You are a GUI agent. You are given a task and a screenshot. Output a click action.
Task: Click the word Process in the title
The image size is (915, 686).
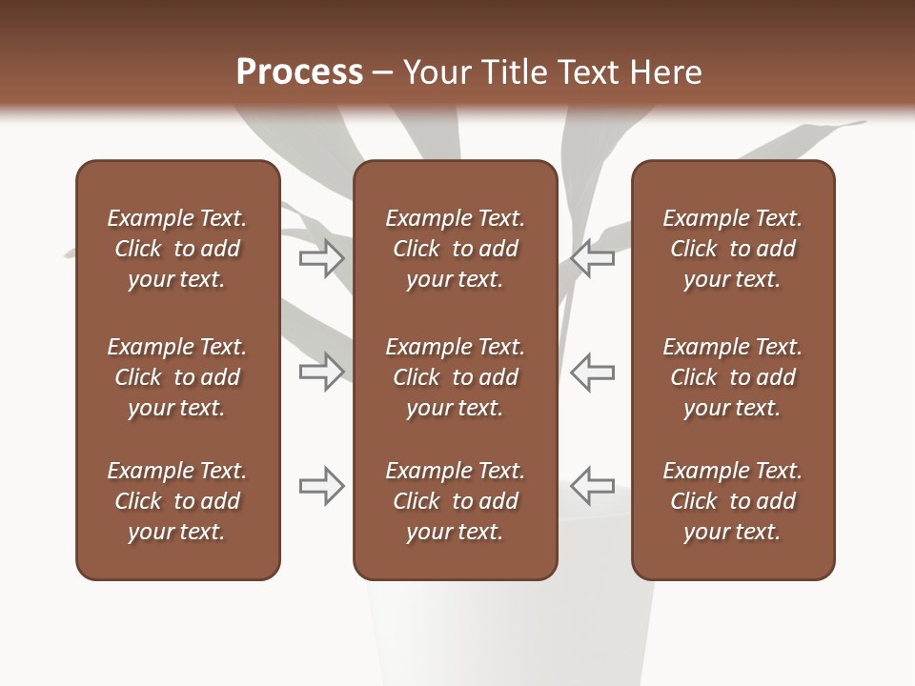(299, 72)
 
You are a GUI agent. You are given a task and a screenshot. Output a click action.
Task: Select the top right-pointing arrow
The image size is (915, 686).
(321, 257)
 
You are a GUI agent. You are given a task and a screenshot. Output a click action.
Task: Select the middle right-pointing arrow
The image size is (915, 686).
(321, 371)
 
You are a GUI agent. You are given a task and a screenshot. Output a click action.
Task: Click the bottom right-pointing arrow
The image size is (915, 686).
(321, 485)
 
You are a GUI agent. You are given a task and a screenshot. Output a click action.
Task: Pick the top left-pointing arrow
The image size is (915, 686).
(593, 257)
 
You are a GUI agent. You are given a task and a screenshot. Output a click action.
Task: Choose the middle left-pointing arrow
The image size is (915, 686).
(593, 371)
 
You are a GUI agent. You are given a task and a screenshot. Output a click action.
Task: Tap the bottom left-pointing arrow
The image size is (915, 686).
(593, 485)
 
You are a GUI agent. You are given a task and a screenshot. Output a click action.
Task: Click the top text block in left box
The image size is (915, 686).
(177, 249)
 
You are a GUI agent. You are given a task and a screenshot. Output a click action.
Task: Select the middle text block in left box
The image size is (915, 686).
(177, 377)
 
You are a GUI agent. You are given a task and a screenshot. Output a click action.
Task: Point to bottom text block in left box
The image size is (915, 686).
(177, 501)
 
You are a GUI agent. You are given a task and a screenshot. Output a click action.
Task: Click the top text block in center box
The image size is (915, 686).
(455, 249)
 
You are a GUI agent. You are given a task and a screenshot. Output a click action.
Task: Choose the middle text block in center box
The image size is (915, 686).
(455, 377)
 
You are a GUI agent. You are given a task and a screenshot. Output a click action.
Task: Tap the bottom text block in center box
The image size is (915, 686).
(455, 501)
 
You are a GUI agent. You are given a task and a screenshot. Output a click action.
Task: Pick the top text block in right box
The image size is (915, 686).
(732, 249)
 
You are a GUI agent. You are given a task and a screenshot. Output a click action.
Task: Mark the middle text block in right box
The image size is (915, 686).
(732, 377)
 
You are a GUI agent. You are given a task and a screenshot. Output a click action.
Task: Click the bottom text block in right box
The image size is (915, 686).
(732, 501)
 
